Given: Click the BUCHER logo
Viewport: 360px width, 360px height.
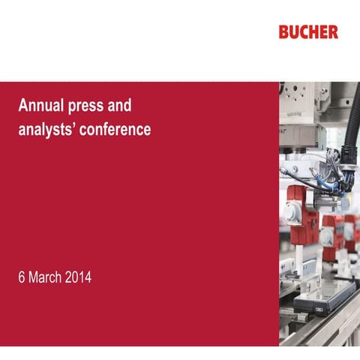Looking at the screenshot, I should pos(307,32).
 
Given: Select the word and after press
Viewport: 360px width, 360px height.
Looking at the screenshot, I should pos(121,105).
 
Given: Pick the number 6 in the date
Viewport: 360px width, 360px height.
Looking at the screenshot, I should pos(22,278).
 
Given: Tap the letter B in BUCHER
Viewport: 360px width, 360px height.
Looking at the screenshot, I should pos(283,32).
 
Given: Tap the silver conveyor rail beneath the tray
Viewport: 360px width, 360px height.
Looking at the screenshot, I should pos(322,330).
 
